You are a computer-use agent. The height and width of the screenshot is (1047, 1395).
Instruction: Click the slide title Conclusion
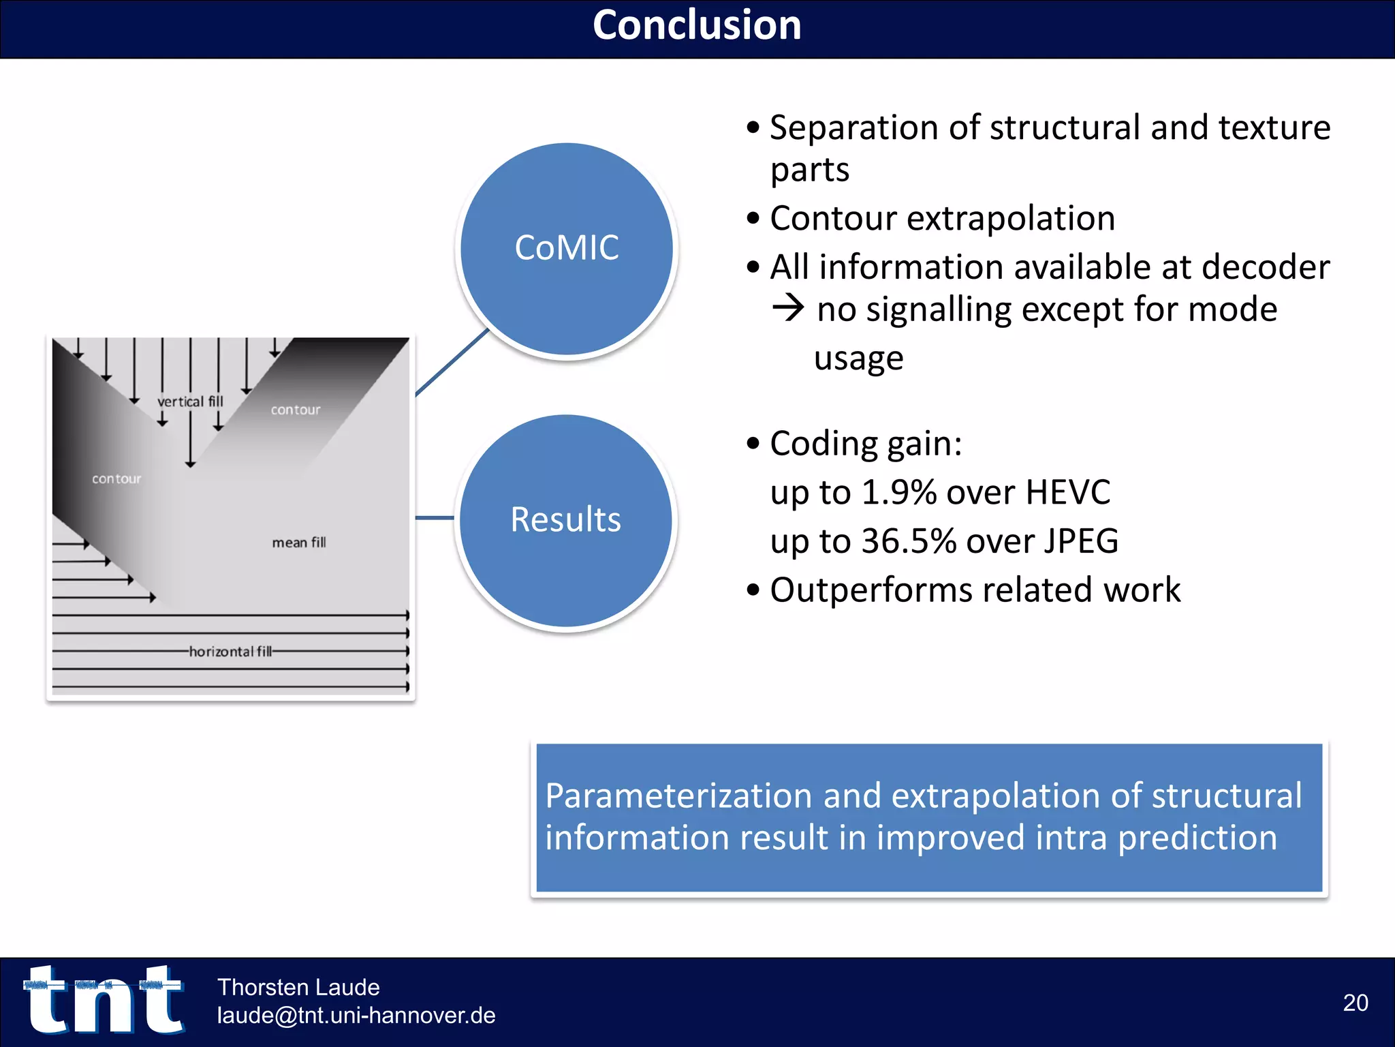[x=697, y=26]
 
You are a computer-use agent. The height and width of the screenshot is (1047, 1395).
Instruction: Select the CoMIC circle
[x=567, y=248]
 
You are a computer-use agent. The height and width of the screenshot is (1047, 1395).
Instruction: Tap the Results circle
[x=566, y=520]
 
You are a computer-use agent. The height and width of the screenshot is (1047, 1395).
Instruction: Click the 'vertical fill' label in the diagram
[x=190, y=401]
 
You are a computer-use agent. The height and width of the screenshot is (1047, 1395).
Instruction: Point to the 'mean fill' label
[x=299, y=543]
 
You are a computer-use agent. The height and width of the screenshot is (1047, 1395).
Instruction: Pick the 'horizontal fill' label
[x=230, y=652]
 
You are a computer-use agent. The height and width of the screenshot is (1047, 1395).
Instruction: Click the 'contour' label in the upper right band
[x=296, y=410]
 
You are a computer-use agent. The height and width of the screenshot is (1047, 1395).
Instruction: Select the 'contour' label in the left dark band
[x=116, y=479]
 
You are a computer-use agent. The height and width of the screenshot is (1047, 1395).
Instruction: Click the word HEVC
[x=1067, y=492]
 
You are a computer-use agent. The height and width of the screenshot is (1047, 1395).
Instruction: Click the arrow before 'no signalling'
[x=789, y=308]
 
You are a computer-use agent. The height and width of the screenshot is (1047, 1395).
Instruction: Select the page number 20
[x=1355, y=1003]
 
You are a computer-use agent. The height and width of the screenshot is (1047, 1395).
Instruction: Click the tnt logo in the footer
[x=104, y=1000]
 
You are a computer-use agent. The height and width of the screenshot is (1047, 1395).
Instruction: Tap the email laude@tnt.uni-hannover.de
[x=356, y=1016]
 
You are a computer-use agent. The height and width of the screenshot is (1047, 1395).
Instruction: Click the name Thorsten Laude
[x=298, y=987]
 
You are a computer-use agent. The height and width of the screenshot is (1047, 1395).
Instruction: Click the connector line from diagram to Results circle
[x=435, y=518]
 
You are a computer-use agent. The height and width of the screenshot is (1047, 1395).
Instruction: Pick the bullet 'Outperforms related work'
[x=975, y=590]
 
